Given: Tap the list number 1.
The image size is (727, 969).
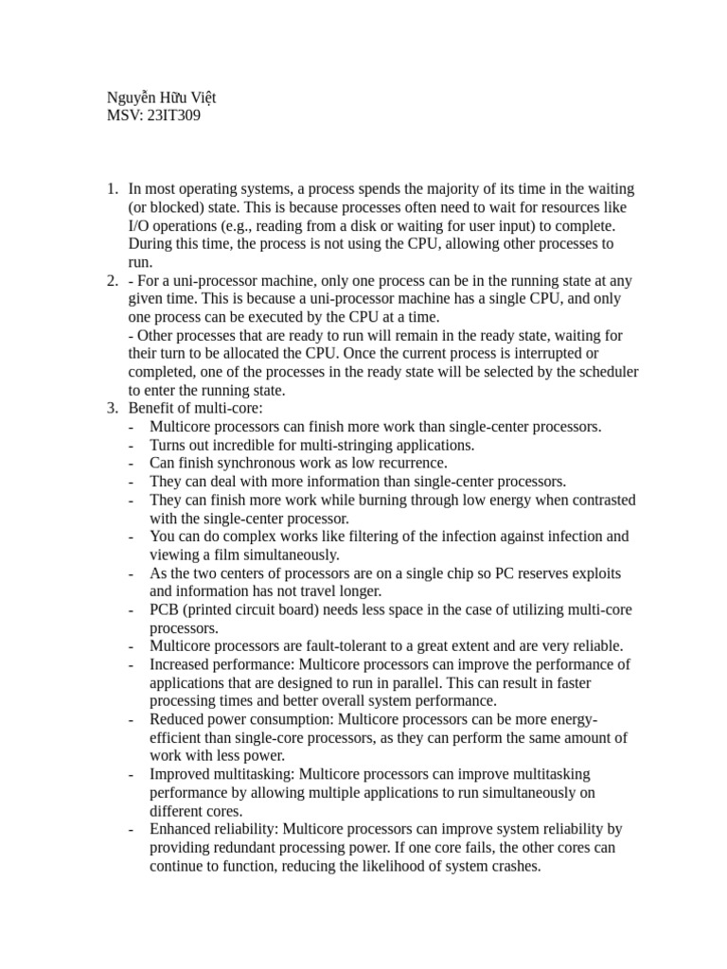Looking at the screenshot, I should (111, 189).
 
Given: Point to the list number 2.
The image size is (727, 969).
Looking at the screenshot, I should (111, 281).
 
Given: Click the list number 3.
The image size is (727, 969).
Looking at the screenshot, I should (111, 409).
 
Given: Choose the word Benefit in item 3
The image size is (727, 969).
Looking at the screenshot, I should (152, 409).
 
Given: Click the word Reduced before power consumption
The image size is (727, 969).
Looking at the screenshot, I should (179, 719).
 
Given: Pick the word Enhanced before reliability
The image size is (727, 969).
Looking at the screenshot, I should (183, 829).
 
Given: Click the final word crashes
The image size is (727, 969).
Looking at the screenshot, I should (510, 866).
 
